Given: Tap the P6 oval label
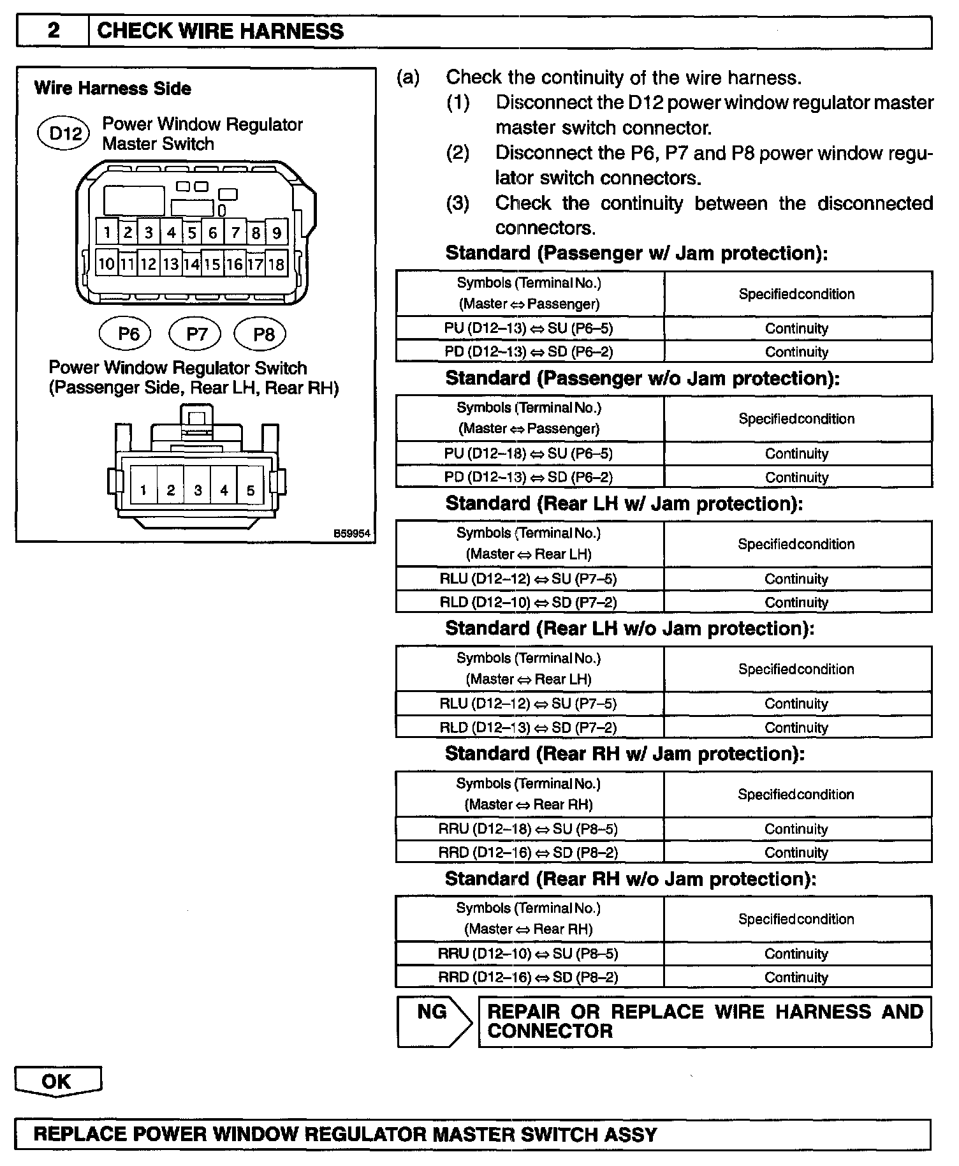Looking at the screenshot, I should (129, 334).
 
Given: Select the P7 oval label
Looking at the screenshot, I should (196, 334).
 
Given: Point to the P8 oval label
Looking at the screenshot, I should (263, 334).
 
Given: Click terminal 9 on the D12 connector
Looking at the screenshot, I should (277, 233).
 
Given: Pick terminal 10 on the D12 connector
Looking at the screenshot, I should (106, 263).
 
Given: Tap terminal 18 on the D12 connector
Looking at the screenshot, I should (276, 263).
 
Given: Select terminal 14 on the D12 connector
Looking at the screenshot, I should (191, 263).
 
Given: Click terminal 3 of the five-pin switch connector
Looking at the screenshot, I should (198, 490).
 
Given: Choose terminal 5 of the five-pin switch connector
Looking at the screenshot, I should (251, 490).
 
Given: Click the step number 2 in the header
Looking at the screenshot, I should (54, 31).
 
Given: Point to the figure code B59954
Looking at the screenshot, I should (352, 533).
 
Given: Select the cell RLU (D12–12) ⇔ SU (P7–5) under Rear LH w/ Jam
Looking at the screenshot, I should (529, 579).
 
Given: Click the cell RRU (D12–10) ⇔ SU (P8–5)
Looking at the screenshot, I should (529, 954).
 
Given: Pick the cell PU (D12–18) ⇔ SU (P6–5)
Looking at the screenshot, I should (529, 454).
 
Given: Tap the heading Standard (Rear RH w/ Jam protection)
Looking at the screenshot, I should (625, 754).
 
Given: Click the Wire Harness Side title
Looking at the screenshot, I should (113, 88).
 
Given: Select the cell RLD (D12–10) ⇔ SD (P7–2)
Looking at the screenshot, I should (529, 602).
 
